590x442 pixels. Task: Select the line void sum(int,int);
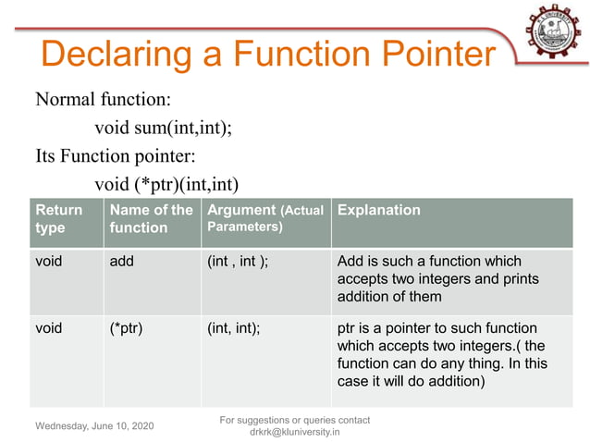tap(163, 128)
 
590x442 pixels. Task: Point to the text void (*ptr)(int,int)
tap(166, 183)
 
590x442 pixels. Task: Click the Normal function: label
tap(102, 99)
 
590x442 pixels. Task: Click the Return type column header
tap(58, 218)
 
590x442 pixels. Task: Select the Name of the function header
tap(151, 218)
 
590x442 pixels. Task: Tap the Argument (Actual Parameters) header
tap(264, 217)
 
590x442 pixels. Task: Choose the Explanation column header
tap(379, 210)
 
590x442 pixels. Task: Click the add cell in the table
tap(121, 261)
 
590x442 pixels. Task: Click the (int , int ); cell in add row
tap(238, 261)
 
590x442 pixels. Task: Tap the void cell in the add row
tap(48, 261)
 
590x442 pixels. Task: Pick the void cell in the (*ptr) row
tap(48, 328)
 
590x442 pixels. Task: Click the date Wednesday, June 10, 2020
tap(95, 426)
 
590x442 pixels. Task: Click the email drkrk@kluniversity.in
tap(294, 433)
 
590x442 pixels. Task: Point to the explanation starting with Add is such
tap(431, 278)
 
